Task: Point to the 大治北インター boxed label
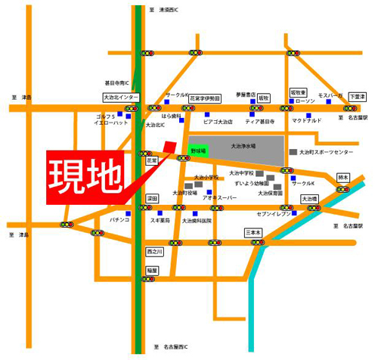pos(121,98)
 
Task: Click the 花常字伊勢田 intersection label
pos(204,98)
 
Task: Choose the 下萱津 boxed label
pos(358,97)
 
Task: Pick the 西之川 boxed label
pos(154,251)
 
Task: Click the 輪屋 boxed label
pos(153,270)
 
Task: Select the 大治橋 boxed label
pos(311,199)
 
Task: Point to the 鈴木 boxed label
pos(344,178)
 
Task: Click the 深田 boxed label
pos(152,198)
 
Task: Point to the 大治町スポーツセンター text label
pos(327,153)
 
